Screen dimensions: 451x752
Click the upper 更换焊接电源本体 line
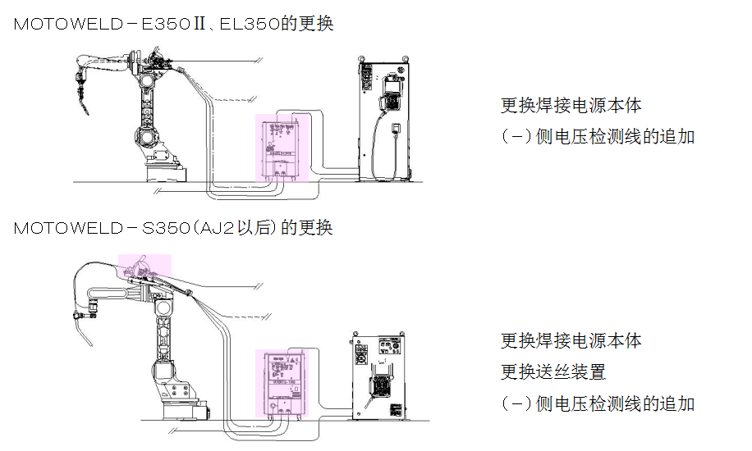click(x=571, y=106)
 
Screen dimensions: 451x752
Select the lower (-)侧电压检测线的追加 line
click(x=598, y=403)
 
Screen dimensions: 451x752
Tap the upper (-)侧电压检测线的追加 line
click(x=598, y=136)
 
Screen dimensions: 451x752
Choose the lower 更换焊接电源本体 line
click(x=571, y=340)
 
